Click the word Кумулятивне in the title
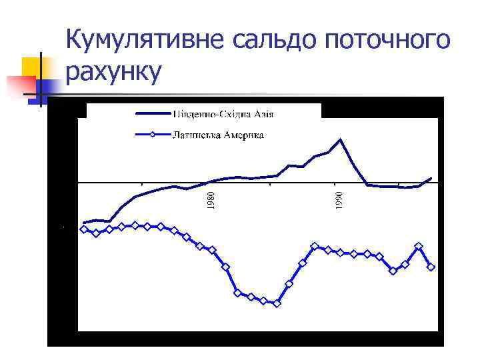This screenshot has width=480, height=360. point(147,41)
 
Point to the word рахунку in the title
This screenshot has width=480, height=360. point(114,73)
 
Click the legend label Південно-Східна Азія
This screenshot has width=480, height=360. point(224,113)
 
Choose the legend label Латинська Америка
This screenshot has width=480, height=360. point(219,135)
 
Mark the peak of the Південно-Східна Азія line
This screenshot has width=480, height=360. point(340,139)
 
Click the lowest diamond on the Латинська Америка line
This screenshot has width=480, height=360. point(277,303)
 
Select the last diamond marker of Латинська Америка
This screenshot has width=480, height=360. point(431,267)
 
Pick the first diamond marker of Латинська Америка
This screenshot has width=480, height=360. point(83,229)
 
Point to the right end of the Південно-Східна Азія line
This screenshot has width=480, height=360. point(431,178)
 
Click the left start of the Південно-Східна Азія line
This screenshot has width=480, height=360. point(83,223)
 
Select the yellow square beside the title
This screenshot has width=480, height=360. point(32,67)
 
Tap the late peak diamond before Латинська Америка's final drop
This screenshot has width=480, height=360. point(418,247)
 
